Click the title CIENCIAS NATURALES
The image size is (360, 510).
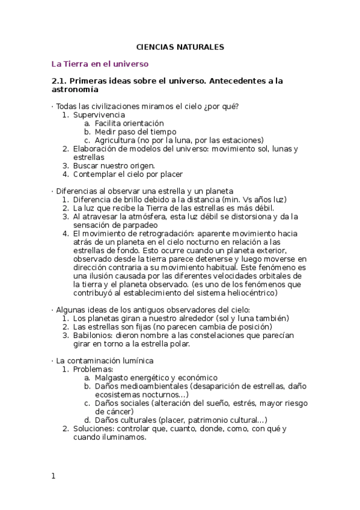(x=180, y=46)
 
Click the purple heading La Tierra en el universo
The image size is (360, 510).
(x=100, y=63)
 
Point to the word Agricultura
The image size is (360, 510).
(x=115, y=140)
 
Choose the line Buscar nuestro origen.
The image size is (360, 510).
(x=114, y=165)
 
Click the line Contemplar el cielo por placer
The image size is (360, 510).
(x=127, y=174)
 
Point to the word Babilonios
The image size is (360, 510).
(x=93, y=335)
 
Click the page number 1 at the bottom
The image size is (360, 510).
(x=53, y=476)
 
